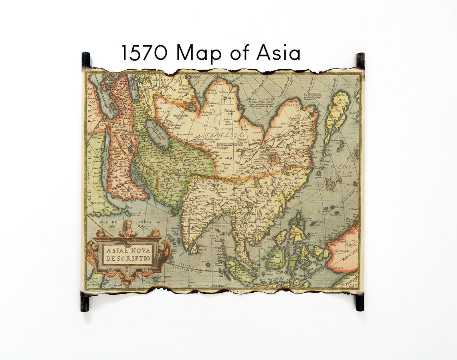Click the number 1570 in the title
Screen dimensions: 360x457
[144, 53]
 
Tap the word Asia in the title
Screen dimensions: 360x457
[278, 52]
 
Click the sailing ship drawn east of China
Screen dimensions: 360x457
[330, 183]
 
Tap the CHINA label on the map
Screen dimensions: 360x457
[295, 183]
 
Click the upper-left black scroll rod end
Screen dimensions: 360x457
[86, 59]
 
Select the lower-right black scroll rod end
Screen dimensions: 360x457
[360, 302]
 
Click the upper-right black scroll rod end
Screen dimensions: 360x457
[360, 60]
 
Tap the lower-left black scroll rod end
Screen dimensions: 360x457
[85, 302]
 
